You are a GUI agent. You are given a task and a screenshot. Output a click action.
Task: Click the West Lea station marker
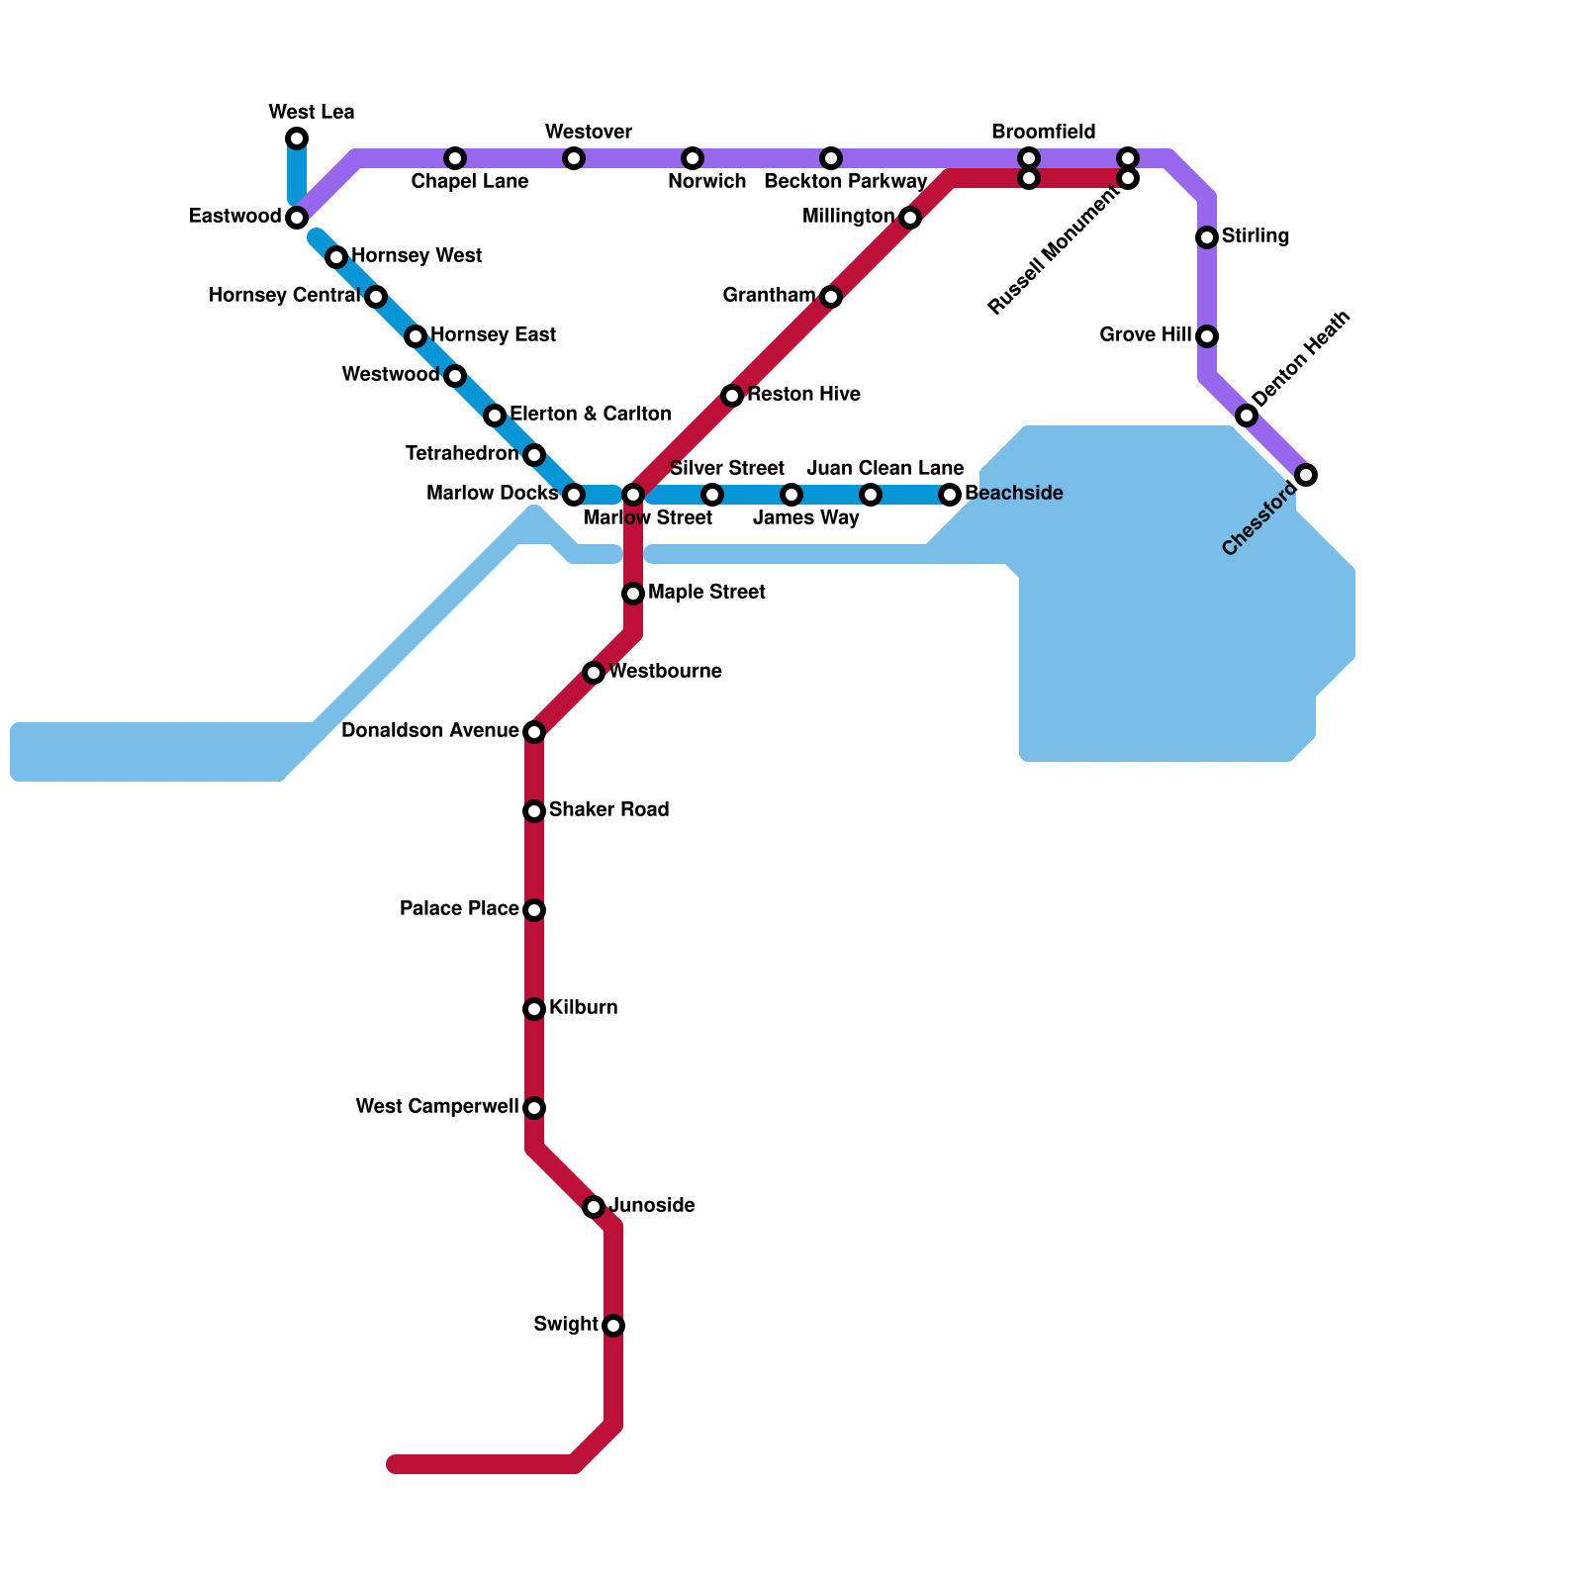pos(297,139)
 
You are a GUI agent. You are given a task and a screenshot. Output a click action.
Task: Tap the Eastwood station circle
pos(297,218)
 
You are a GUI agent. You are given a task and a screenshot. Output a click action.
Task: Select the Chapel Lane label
pos(469,182)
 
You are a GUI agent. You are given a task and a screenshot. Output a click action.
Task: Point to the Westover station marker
pos(574,158)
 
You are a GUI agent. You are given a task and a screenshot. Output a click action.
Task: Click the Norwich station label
pos(706,182)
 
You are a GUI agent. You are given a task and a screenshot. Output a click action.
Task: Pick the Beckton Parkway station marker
pos(831,158)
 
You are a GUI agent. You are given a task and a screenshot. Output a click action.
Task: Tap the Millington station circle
pos(910,218)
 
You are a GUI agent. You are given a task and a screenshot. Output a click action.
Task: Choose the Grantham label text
pos(769,296)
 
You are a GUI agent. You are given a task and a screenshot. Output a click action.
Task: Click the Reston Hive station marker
pos(732,396)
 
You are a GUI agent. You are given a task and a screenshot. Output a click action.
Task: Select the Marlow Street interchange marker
pos(633,495)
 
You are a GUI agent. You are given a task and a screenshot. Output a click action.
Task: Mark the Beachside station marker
pos(950,495)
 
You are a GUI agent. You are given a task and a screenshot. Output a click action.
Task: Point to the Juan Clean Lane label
pos(885,468)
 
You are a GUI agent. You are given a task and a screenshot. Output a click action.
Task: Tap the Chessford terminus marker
pos(1306,475)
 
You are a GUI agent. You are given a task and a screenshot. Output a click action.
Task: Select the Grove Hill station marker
pos(1207,336)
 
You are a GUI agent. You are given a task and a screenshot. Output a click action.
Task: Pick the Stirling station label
pos(1255,236)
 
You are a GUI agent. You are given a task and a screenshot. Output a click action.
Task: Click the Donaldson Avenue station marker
pos(534,732)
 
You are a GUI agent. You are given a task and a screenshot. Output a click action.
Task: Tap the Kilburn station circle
pos(534,1009)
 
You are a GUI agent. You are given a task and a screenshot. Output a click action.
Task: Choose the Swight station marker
pos(613,1326)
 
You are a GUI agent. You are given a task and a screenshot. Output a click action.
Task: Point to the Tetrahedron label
pos(462,454)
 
